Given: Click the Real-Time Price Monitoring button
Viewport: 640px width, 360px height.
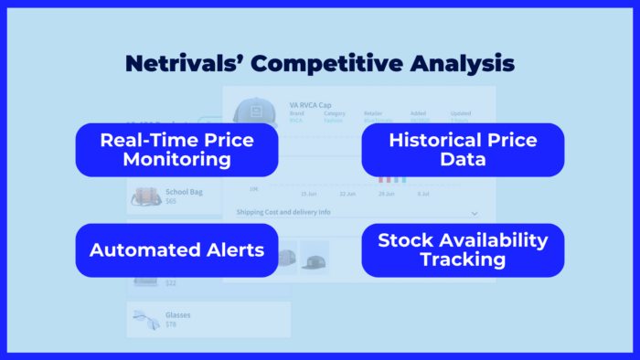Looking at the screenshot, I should point(176,150).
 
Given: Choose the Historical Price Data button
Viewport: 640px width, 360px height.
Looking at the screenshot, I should point(463,150).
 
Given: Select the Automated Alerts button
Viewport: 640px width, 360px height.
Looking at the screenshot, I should point(176,249).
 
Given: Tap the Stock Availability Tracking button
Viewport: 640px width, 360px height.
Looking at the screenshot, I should point(463,249).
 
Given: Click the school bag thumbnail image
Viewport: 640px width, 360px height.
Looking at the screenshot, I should point(145,197).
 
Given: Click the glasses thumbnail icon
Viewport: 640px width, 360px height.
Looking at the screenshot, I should point(145,318).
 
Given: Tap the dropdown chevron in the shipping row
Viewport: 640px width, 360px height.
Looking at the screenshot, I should point(474,213).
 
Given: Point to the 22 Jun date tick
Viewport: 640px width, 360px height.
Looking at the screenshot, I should point(347,194).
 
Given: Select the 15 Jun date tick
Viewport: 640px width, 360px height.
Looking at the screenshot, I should point(310,194).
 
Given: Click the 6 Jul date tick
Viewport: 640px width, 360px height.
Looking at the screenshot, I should point(423,194).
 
